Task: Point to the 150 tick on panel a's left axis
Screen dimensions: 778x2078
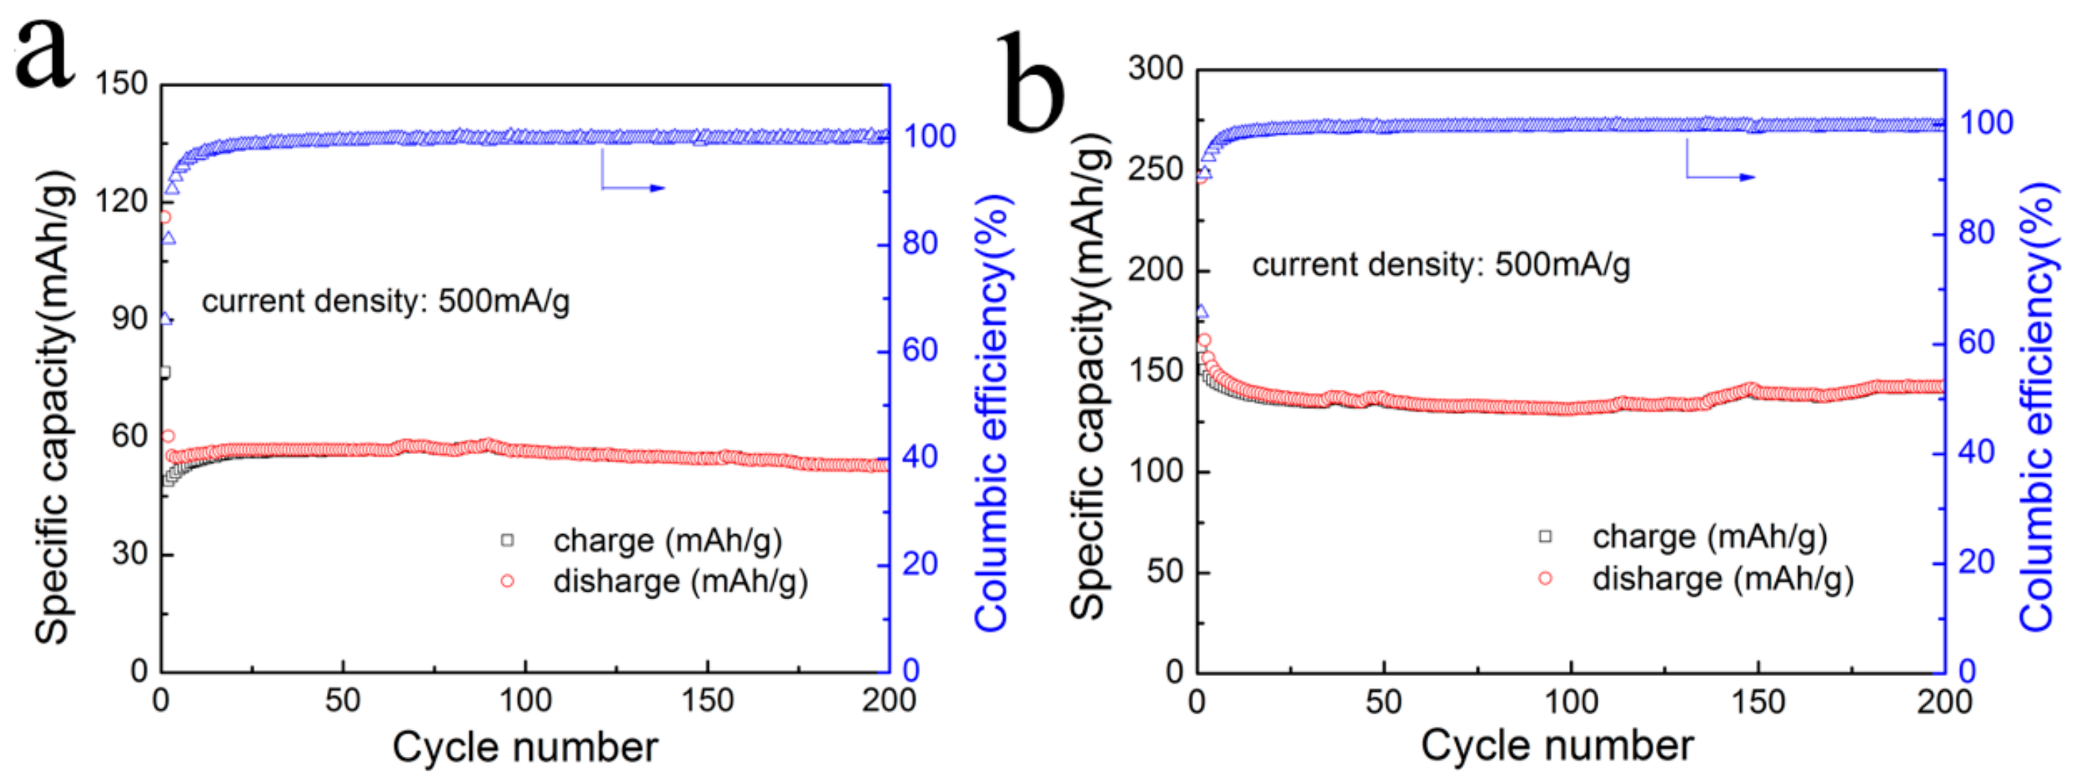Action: coord(122,84)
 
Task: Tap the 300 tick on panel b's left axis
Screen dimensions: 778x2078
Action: coord(1155,68)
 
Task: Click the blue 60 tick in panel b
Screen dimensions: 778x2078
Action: coord(1977,342)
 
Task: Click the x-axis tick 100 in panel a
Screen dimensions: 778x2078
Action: coord(525,700)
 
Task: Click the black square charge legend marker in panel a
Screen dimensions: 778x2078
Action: coord(506,540)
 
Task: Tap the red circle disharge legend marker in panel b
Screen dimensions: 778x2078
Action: coord(1545,578)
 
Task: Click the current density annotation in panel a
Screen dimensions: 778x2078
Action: coord(386,301)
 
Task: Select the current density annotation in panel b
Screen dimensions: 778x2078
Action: coord(1441,264)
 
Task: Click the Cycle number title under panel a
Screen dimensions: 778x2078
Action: coord(525,746)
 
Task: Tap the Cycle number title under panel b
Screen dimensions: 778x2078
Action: coord(1557,745)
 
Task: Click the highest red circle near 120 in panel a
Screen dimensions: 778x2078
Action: coord(164,217)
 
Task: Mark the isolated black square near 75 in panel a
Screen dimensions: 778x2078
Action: coord(164,373)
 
